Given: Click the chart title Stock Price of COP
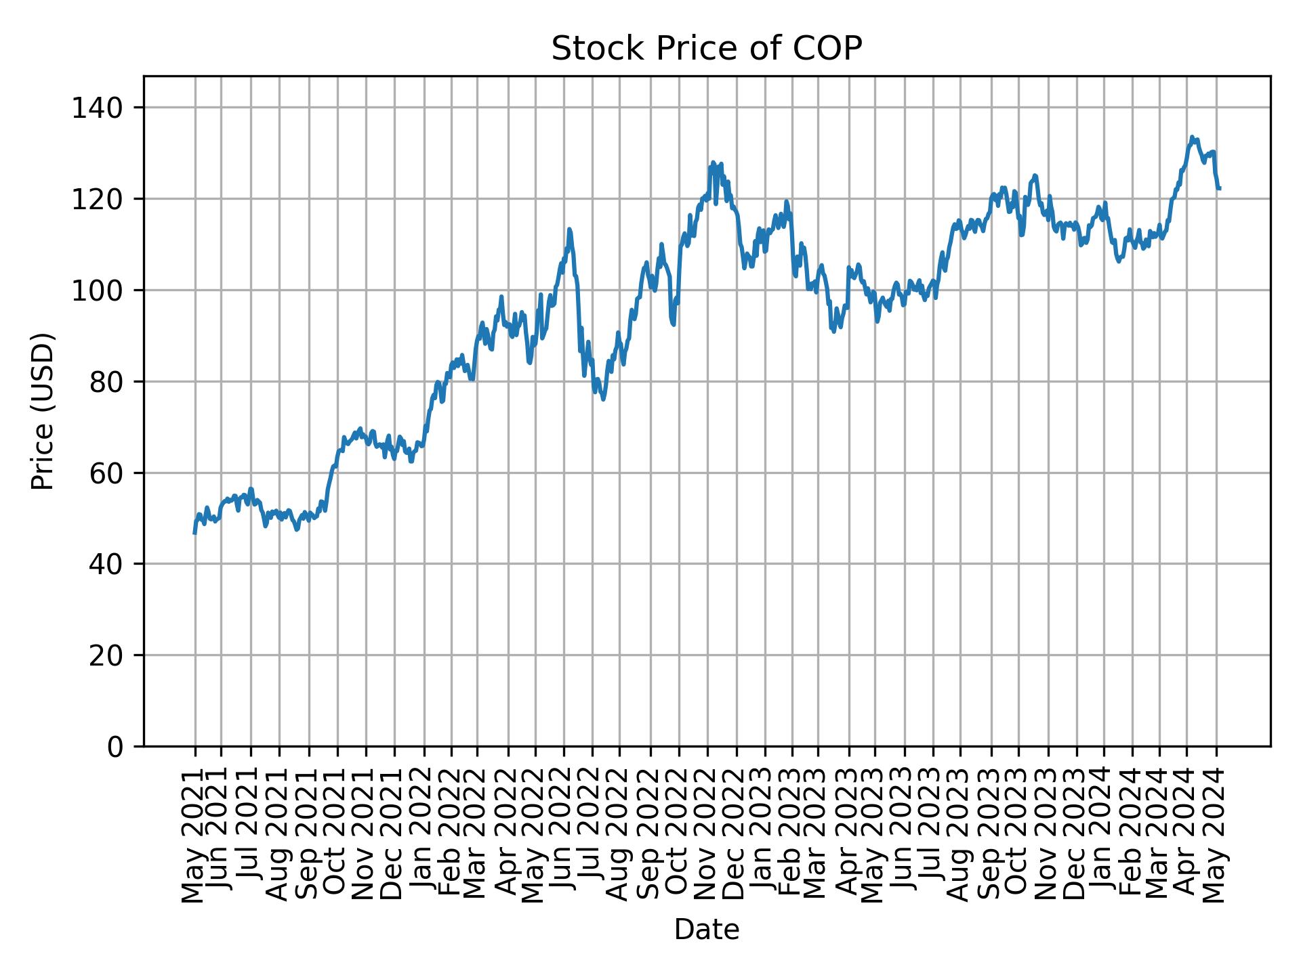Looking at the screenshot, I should pos(706,49).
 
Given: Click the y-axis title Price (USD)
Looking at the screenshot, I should pos(43,411).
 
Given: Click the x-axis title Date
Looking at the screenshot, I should pos(706,930).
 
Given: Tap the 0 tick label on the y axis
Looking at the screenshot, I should pos(116,747).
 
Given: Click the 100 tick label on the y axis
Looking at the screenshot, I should pos(98,291).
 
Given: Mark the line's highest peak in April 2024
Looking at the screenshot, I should pos(1192,137).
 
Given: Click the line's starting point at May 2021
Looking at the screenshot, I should pos(195,534).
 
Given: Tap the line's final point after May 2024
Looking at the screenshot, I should pos(1219,188).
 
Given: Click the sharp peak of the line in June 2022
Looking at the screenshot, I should pos(569,230).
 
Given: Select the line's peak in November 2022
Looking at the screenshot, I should pos(713,162).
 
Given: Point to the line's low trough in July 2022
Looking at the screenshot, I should pos(603,399).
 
